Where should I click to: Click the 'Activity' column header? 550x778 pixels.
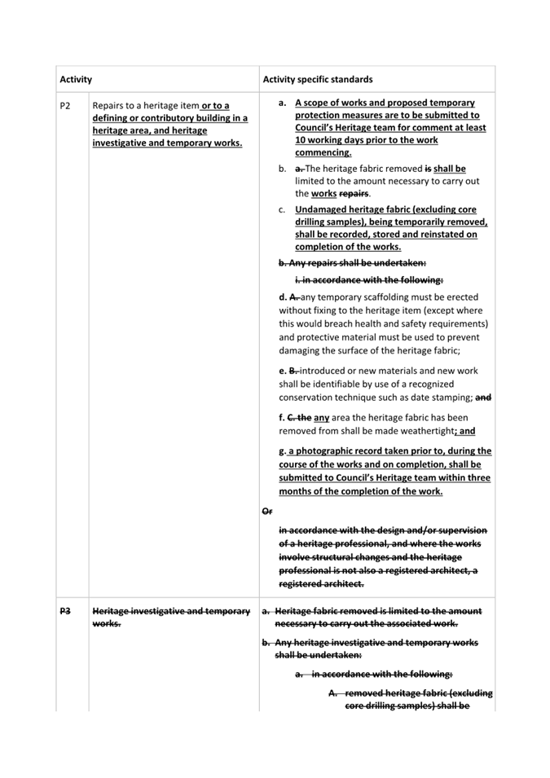pyautogui.click(x=76, y=80)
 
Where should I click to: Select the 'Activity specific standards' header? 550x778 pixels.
pyautogui.click(x=318, y=80)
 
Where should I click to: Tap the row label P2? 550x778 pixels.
pyautogui.click(x=65, y=105)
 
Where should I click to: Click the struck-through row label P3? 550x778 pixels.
pyautogui.click(x=65, y=611)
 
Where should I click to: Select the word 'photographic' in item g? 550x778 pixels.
pyautogui.click(x=328, y=451)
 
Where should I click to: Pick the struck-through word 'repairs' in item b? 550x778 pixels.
pyautogui.click(x=354, y=194)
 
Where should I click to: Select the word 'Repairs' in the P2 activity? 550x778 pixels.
pyautogui.click(x=111, y=105)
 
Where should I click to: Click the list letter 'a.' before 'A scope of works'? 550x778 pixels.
pyautogui.click(x=282, y=103)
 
